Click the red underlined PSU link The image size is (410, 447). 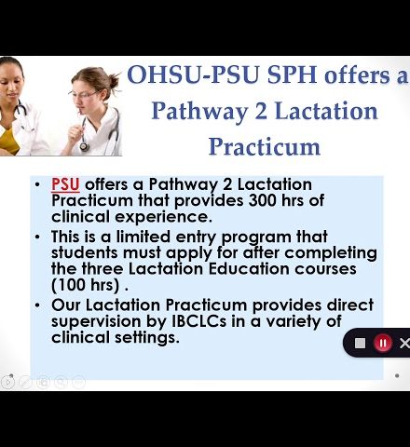(x=65, y=184)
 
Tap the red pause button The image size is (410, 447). (x=383, y=343)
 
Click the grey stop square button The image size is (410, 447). (x=360, y=344)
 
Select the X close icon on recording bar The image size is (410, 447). (x=404, y=344)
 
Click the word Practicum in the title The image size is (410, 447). (x=265, y=146)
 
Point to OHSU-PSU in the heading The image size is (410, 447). (x=193, y=75)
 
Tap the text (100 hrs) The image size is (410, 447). (x=86, y=285)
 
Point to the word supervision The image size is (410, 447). (x=96, y=322)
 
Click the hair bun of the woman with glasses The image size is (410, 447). (x=114, y=80)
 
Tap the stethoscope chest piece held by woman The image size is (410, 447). (x=84, y=146)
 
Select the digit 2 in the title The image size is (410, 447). (x=261, y=111)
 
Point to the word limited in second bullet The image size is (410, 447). (x=143, y=237)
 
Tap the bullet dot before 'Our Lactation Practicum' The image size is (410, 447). (x=37, y=305)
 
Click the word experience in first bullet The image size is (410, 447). (x=163, y=217)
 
